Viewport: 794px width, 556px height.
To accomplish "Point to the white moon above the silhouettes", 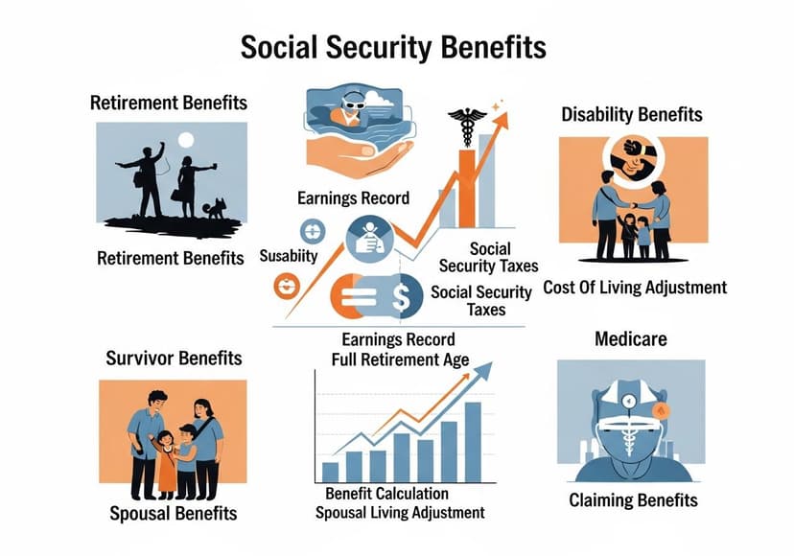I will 187,141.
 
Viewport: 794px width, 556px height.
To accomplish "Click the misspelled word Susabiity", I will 289,257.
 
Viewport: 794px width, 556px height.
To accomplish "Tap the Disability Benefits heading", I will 632,115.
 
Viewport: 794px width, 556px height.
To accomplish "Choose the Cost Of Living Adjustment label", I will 635,288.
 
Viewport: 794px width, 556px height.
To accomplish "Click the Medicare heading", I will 630,338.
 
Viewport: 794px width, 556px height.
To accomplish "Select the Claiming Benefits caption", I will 633,500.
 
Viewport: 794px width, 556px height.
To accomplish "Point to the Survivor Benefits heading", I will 174,359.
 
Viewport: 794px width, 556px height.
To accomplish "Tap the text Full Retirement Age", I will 400,360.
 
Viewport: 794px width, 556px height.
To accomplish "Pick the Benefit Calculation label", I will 386,494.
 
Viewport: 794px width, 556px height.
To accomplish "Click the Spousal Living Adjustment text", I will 400,513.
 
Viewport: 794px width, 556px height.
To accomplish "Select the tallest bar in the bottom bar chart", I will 473,441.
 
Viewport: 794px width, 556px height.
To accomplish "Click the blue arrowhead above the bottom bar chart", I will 483,371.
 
